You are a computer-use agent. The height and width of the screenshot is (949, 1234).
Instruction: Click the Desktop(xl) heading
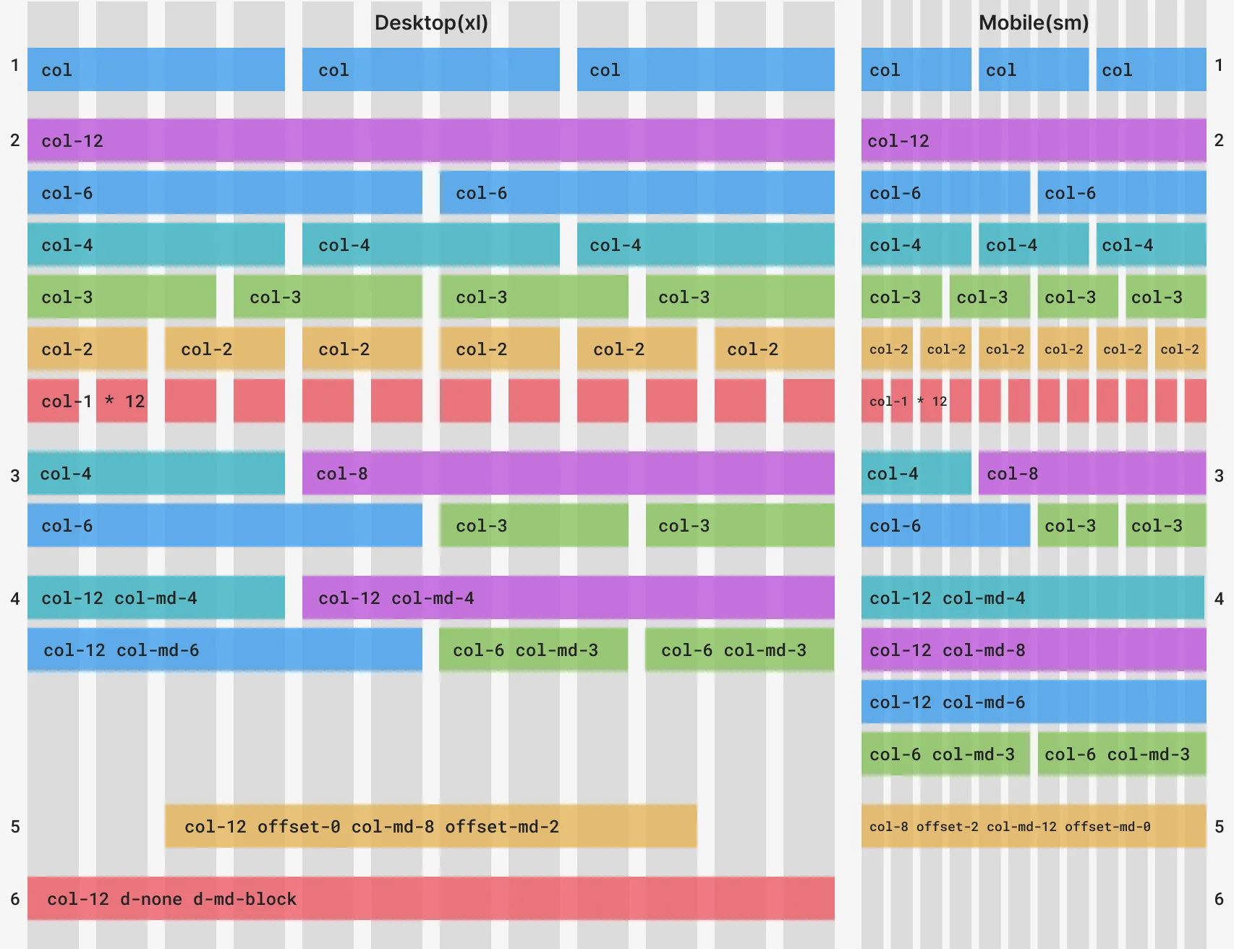[431, 22]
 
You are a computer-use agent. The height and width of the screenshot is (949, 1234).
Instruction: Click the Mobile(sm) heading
[1033, 22]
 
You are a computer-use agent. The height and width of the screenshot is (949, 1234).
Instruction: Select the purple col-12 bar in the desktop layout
[430, 140]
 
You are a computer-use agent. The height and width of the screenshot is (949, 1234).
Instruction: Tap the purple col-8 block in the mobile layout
[1092, 474]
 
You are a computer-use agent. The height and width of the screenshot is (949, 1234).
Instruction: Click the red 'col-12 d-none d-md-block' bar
[430, 898]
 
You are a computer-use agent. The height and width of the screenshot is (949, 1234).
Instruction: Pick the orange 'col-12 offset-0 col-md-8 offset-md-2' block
[430, 826]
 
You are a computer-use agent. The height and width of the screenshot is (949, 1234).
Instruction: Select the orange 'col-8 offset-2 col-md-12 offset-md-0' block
[1033, 826]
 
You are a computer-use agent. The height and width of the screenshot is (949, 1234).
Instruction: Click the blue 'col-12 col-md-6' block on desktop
[224, 650]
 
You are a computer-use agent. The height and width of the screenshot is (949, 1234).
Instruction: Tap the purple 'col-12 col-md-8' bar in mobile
[1033, 650]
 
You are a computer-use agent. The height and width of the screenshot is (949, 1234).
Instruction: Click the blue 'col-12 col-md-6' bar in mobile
[1033, 702]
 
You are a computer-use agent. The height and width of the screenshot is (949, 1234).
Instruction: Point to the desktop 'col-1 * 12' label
[93, 401]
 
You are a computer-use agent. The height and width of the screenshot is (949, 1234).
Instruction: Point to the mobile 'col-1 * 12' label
[908, 401]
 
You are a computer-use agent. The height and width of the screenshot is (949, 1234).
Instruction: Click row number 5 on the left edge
[14, 826]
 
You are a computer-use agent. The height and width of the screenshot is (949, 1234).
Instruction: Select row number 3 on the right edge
[1219, 475]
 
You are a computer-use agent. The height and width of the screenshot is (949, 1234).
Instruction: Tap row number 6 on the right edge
[1219, 898]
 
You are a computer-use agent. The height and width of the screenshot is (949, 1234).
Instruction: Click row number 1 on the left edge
[14, 65]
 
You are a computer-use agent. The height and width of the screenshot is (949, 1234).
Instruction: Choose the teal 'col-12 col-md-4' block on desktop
[156, 597]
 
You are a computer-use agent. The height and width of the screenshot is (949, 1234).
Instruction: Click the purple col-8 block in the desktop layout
[568, 474]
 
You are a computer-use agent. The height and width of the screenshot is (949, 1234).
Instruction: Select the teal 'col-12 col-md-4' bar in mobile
[1032, 597]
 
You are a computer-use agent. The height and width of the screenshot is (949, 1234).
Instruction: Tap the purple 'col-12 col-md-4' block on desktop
[568, 597]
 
